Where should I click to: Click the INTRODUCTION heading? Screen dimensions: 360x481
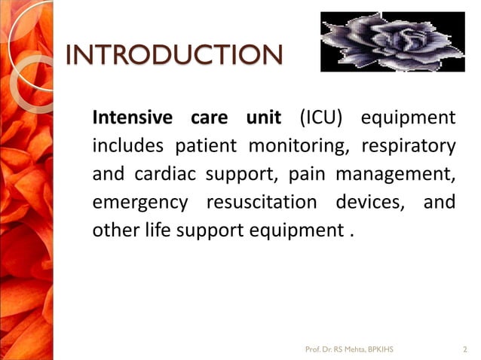coord(174,55)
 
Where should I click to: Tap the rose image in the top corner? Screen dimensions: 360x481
coord(392,41)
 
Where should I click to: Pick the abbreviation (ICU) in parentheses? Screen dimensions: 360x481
coord(320,118)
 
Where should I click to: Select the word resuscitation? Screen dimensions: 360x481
coord(262,203)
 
